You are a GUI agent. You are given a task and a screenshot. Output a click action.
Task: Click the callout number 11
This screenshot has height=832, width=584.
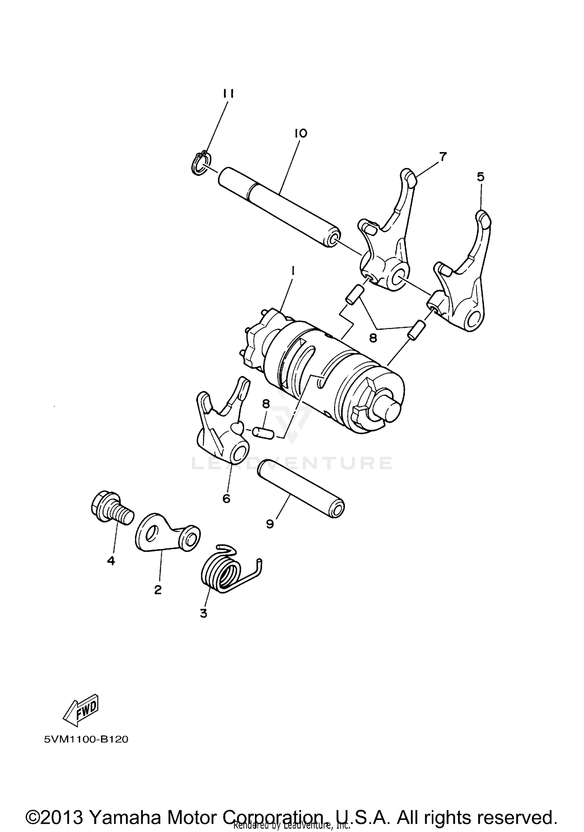pos(229,94)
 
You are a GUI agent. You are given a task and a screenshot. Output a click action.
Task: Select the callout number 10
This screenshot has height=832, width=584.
pos(301,133)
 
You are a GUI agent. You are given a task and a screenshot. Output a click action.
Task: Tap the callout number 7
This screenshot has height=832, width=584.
pos(442,157)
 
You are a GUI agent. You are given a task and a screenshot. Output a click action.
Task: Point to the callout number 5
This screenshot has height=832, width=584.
pos(481,177)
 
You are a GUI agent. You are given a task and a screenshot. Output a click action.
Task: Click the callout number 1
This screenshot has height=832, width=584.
pos(293,270)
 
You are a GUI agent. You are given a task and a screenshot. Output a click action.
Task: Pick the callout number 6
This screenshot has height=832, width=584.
pos(227,498)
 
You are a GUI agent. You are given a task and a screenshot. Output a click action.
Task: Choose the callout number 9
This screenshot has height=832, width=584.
pos(270,524)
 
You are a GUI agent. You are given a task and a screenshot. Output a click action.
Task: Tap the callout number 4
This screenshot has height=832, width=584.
pos(111,561)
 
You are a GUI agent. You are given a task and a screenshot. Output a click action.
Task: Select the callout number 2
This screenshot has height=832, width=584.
pos(158,590)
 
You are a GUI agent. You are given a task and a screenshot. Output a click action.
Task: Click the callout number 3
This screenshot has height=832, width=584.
pos(203,613)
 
